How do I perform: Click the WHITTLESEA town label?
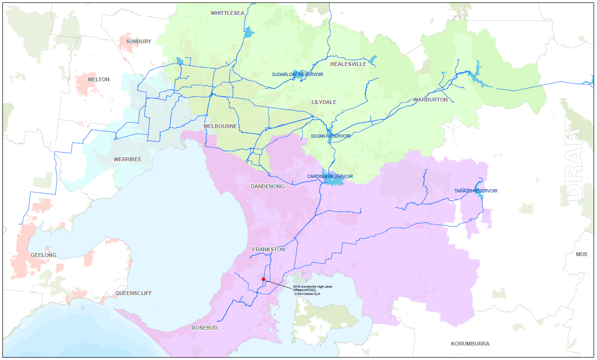click(227, 13)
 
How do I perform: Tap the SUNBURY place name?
click(139, 41)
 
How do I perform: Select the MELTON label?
click(99, 79)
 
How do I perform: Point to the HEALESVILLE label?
click(348, 64)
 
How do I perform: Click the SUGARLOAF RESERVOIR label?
click(297, 75)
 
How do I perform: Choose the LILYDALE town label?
click(324, 102)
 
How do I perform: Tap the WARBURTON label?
click(430, 100)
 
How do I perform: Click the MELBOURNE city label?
click(220, 126)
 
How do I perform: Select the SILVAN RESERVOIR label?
click(330, 136)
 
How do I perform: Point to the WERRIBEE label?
click(127, 159)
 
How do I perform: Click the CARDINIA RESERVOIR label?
click(330, 177)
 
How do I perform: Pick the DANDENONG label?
click(267, 186)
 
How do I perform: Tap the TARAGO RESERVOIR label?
click(476, 191)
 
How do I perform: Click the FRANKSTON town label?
click(268, 249)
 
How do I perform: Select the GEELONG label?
click(43, 255)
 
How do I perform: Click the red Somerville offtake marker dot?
click(264, 279)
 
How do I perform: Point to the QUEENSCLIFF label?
click(133, 293)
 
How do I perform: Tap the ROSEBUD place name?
click(205, 328)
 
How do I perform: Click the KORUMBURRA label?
click(470, 344)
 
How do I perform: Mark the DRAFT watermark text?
click(575, 164)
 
